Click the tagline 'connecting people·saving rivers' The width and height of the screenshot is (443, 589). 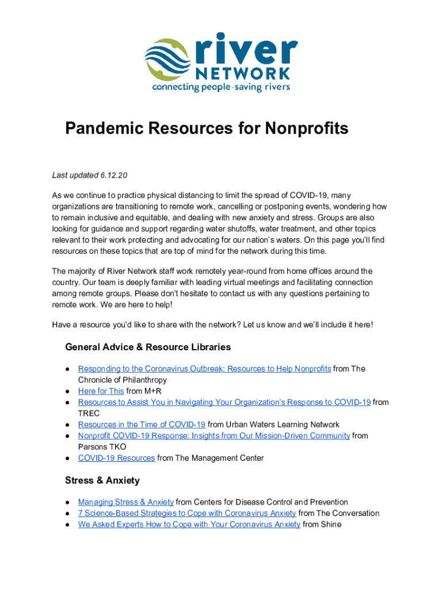[x=221, y=87]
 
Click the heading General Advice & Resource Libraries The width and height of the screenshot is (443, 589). [x=148, y=347]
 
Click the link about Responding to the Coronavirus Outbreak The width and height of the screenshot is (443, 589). [x=204, y=369]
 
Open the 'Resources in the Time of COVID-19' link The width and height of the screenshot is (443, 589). [x=142, y=424]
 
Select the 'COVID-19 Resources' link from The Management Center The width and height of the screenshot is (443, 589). [x=116, y=458]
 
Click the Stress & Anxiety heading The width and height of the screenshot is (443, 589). [x=102, y=480]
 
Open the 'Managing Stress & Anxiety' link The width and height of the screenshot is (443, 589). [x=125, y=502]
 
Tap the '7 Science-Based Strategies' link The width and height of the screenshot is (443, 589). [x=187, y=513]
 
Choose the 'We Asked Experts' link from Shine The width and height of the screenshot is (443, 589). [x=189, y=524]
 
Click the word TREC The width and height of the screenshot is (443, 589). [x=89, y=414]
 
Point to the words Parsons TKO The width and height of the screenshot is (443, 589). [x=102, y=447]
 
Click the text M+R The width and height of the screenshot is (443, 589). [x=153, y=391]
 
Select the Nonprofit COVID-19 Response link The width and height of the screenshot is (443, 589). [x=214, y=435]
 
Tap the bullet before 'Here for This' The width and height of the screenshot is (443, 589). [x=68, y=391]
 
